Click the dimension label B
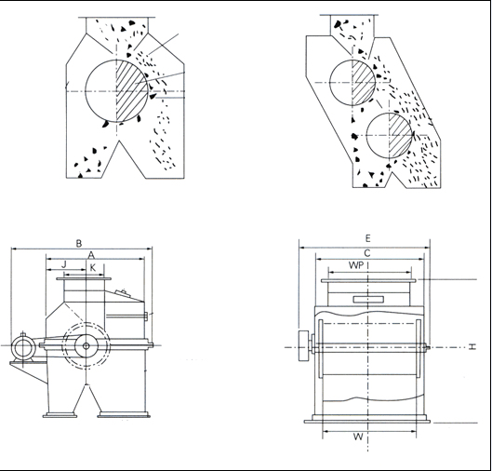point(79,243)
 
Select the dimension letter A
point(91,255)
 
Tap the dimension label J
point(64,264)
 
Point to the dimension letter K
point(93,268)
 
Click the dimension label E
point(368,238)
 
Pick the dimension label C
point(367,253)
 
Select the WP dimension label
point(356,265)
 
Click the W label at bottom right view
point(358,437)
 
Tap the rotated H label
point(472,346)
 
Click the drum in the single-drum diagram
point(116,90)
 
